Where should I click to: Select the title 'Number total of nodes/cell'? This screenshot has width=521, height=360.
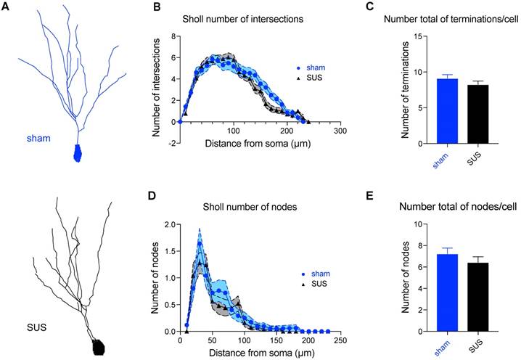[459, 206]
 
